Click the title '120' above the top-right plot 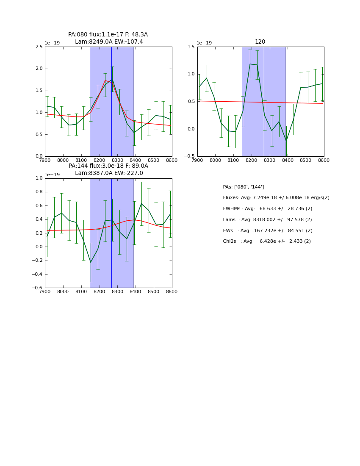[260, 42]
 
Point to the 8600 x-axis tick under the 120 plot [324, 160]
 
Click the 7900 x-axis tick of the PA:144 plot [45, 292]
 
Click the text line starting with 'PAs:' [243, 187]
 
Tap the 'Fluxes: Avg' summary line [276, 198]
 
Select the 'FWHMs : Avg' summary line [267, 209]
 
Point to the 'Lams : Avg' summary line [267, 220]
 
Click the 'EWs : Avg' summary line [267, 231]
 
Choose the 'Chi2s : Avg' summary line [266, 241]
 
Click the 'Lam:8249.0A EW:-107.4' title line [109, 42]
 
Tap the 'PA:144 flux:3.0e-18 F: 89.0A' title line [108, 166]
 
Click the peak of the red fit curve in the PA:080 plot [105, 80]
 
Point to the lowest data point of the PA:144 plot [91, 262]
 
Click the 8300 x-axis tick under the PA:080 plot [117, 160]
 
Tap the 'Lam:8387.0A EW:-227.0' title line [109, 173]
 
